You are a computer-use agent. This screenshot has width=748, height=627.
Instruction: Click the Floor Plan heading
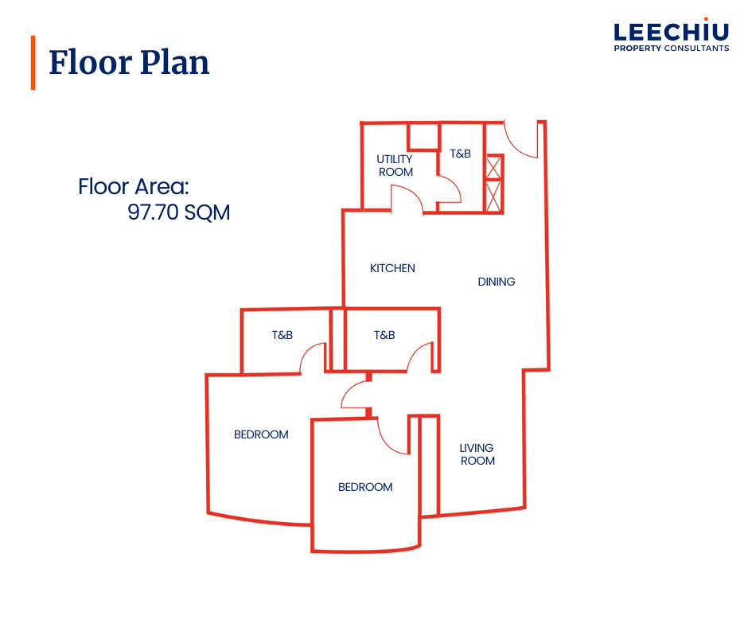(x=129, y=63)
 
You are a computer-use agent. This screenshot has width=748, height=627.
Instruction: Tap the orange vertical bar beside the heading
(x=33, y=63)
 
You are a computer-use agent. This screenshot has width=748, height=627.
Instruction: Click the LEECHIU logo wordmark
(x=671, y=33)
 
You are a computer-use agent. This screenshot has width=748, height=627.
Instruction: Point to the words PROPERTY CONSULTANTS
(x=671, y=49)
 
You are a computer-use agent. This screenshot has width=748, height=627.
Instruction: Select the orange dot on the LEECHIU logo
(x=706, y=19)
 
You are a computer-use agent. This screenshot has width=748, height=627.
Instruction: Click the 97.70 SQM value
(x=178, y=212)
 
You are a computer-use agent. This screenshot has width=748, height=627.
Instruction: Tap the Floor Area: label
(x=134, y=186)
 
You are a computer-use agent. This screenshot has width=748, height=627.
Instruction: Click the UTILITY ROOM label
(x=395, y=166)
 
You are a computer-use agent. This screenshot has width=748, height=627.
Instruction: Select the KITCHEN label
(x=392, y=268)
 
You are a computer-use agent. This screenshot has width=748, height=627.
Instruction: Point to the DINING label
(x=497, y=282)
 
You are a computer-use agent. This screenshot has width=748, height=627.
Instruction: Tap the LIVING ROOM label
(x=477, y=454)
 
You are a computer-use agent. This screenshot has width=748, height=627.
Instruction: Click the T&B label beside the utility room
(x=461, y=154)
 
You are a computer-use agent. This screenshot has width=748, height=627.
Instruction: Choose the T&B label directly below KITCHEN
(x=384, y=335)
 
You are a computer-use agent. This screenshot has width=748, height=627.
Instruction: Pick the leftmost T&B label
(x=282, y=335)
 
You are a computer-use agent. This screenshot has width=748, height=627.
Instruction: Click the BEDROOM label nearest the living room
(x=365, y=487)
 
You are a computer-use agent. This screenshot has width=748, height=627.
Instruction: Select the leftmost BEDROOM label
(x=261, y=434)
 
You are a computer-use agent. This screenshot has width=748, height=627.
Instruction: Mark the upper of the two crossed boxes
(x=493, y=167)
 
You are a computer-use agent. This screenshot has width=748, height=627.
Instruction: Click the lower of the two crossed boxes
(x=493, y=196)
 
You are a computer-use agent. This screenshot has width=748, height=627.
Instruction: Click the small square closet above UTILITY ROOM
(x=423, y=137)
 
